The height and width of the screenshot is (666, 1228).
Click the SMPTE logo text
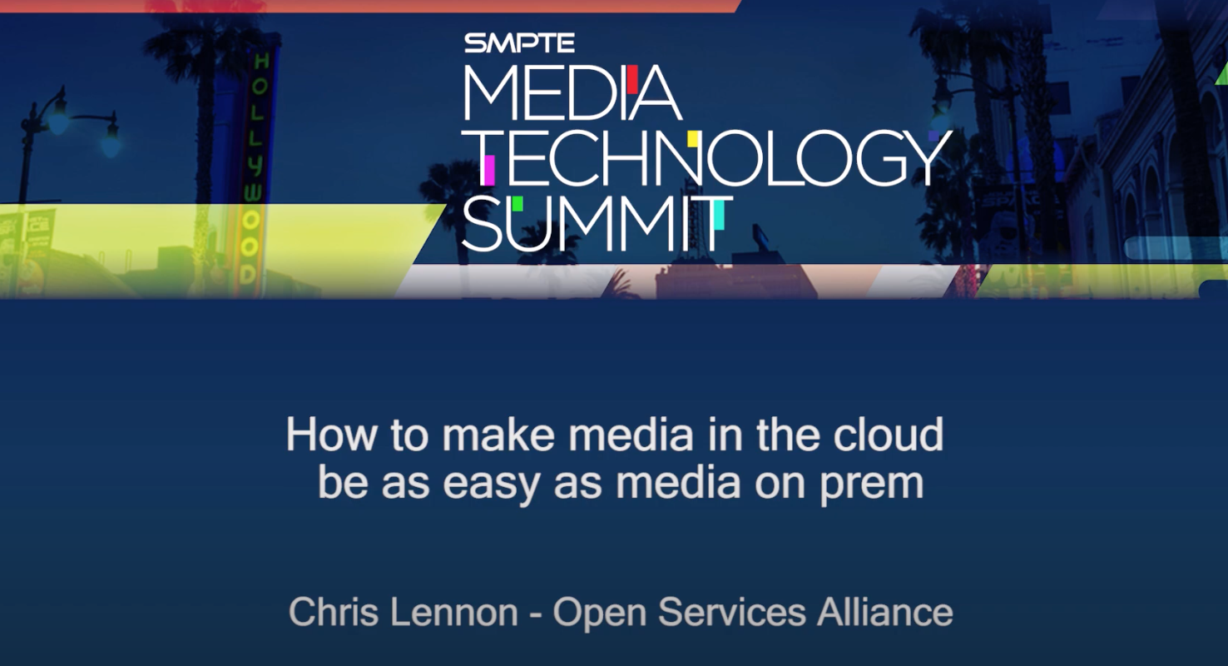(519, 42)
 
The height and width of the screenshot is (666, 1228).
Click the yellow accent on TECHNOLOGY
(692, 138)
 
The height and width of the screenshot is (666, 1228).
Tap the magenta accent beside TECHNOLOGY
(488, 169)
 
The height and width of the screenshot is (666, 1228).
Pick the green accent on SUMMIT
(517, 203)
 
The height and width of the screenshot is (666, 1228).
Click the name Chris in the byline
(326, 613)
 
